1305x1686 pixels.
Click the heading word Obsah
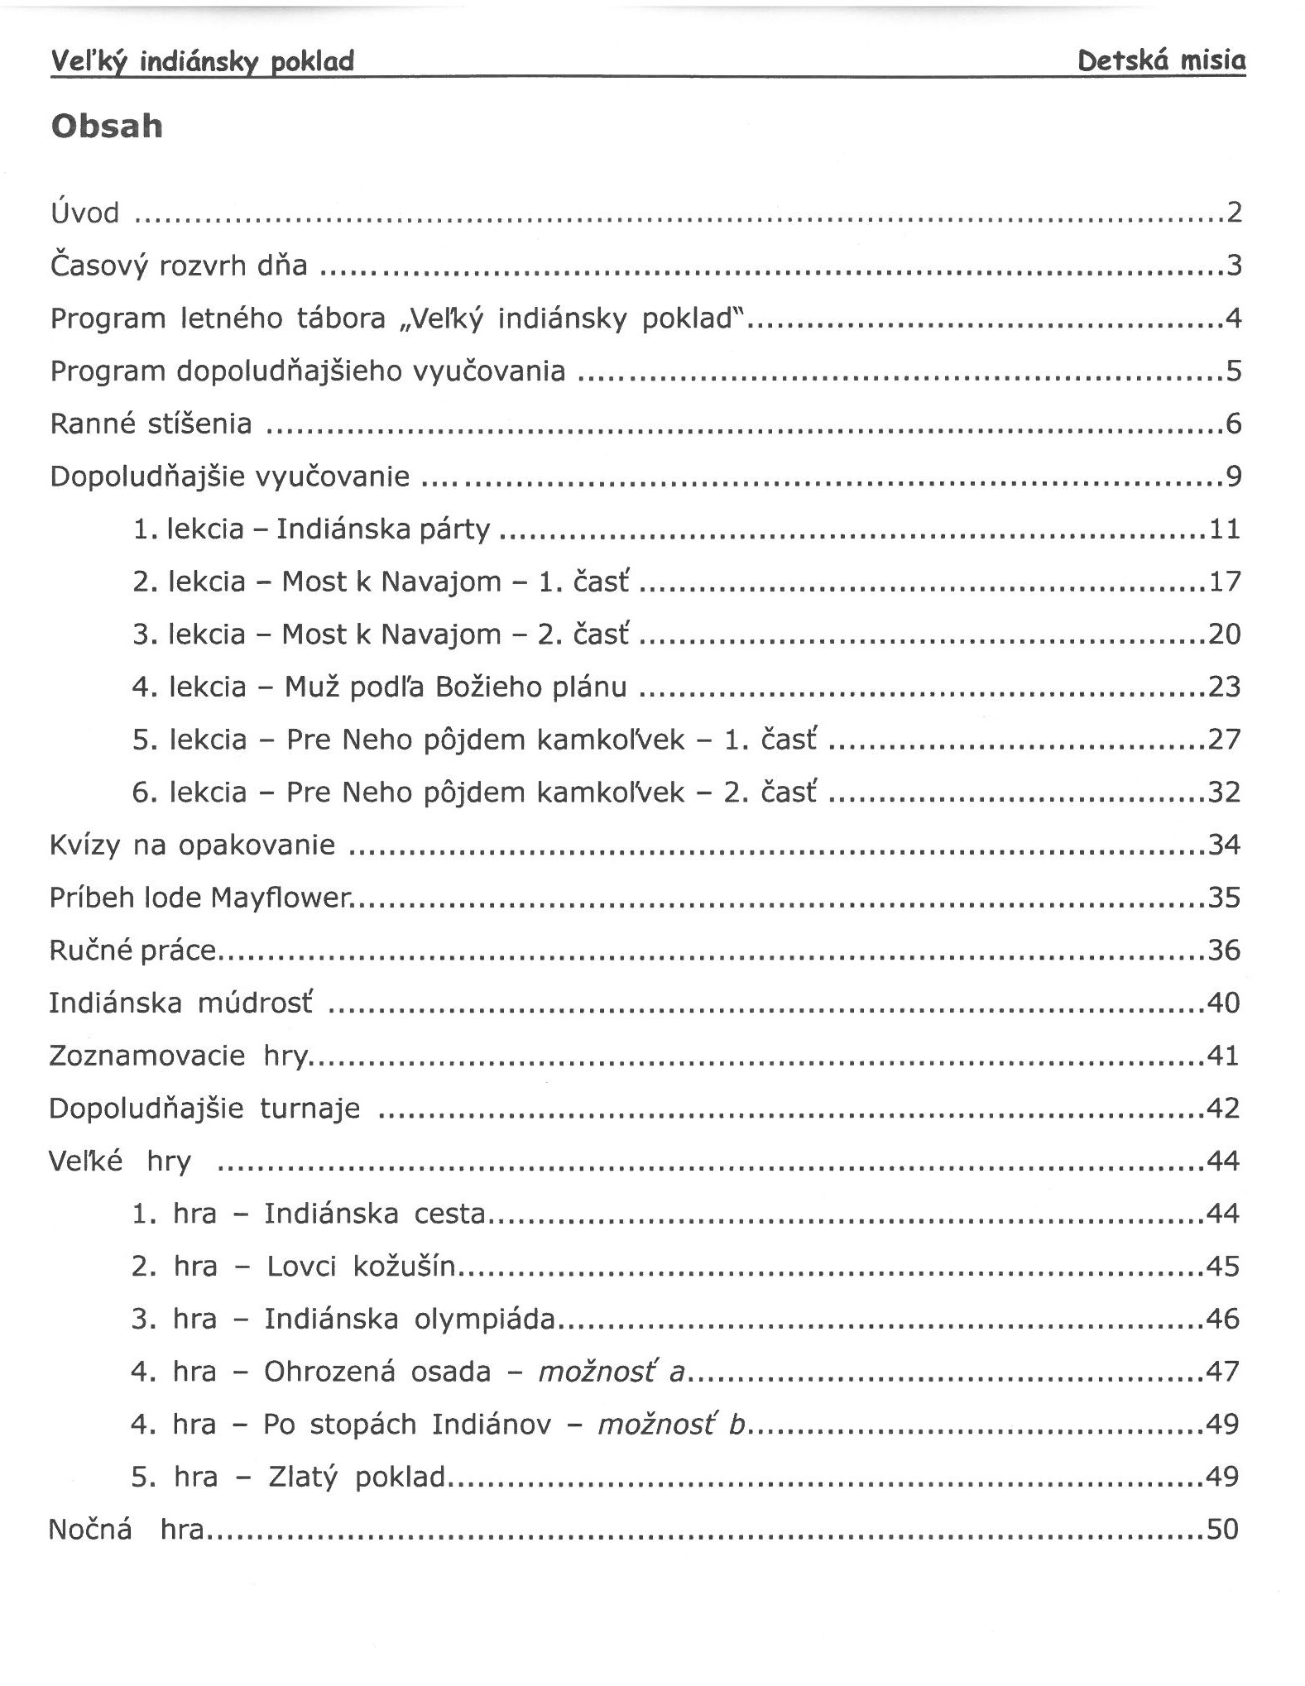tap(107, 127)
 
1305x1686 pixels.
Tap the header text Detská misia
tap(1161, 60)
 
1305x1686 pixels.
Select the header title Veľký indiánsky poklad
tap(203, 61)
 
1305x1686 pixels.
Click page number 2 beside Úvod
tap(1234, 213)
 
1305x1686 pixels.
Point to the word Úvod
tap(84, 213)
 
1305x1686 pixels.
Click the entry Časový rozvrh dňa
tap(179, 266)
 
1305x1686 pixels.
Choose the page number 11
tap(1225, 529)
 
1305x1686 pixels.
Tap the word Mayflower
tap(281, 898)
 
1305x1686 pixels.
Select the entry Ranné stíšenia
tap(151, 424)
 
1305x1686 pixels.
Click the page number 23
tap(1225, 687)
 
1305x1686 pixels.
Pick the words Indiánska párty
tap(383, 529)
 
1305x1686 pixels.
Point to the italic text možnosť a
tap(612, 1372)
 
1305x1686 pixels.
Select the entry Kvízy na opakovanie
tap(192, 845)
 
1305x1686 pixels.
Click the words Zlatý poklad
tap(357, 1477)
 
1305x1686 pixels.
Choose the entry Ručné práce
tap(132, 951)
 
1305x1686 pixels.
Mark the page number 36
tap(1224, 950)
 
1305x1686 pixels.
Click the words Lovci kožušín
tap(361, 1267)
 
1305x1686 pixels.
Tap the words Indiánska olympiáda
tap(410, 1319)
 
